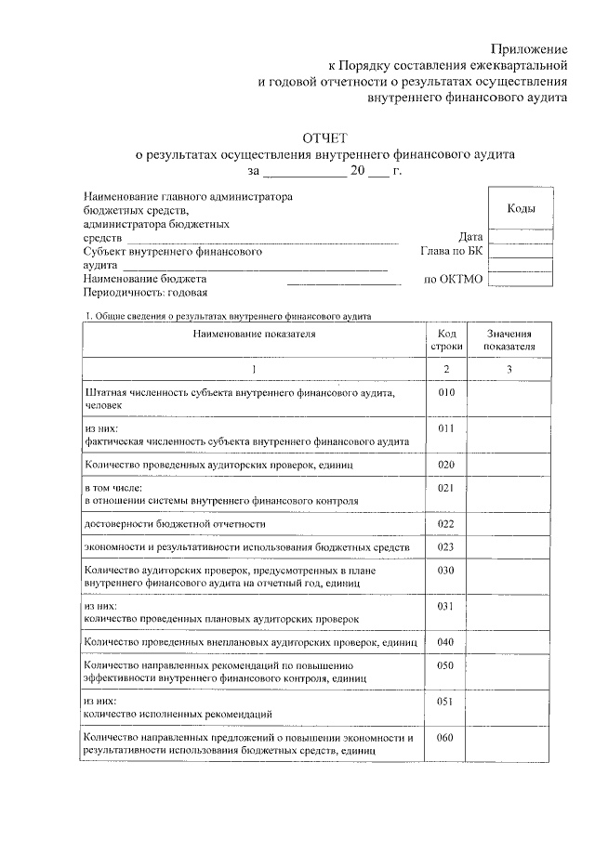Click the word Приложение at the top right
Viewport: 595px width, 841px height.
click(528, 47)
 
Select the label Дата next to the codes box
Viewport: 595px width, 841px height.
click(470, 237)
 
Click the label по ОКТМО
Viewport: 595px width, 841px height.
click(454, 279)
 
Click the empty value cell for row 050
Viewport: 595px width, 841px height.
click(509, 672)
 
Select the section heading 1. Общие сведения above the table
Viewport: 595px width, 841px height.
click(227, 316)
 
